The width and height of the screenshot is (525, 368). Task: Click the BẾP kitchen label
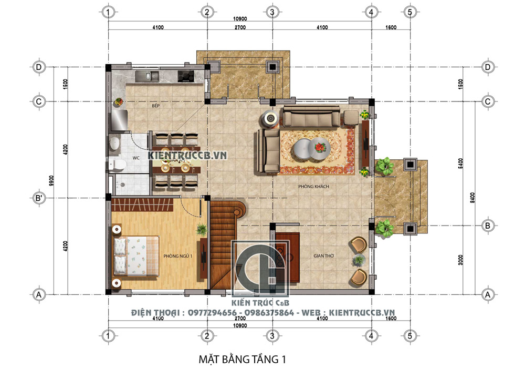tap(156, 106)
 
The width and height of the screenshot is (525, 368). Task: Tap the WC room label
tap(136, 158)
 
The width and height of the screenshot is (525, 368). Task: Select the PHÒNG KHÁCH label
tap(314, 186)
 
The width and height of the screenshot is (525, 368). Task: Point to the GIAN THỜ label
tap(324, 255)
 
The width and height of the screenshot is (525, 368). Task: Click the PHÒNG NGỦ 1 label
tap(178, 256)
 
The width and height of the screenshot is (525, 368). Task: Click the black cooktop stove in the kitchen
tap(185, 76)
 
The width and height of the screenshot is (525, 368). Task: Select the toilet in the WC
tap(117, 165)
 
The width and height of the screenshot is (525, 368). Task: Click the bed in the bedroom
tap(135, 257)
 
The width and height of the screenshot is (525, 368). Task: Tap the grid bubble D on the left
tap(39, 67)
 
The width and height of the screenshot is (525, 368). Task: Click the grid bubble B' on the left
tap(39, 198)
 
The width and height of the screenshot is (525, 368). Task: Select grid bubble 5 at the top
tap(410, 12)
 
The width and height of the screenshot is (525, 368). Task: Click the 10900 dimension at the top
tap(240, 19)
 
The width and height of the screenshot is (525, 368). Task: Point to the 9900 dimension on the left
tap(51, 181)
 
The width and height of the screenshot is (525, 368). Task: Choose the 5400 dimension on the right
tap(461, 163)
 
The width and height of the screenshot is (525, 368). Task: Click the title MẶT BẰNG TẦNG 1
tap(243, 359)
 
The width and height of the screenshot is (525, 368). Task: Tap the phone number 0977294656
tap(212, 313)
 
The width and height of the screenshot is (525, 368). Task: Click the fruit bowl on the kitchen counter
tap(119, 101)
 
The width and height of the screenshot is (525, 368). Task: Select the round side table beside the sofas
tap(270, 118)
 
